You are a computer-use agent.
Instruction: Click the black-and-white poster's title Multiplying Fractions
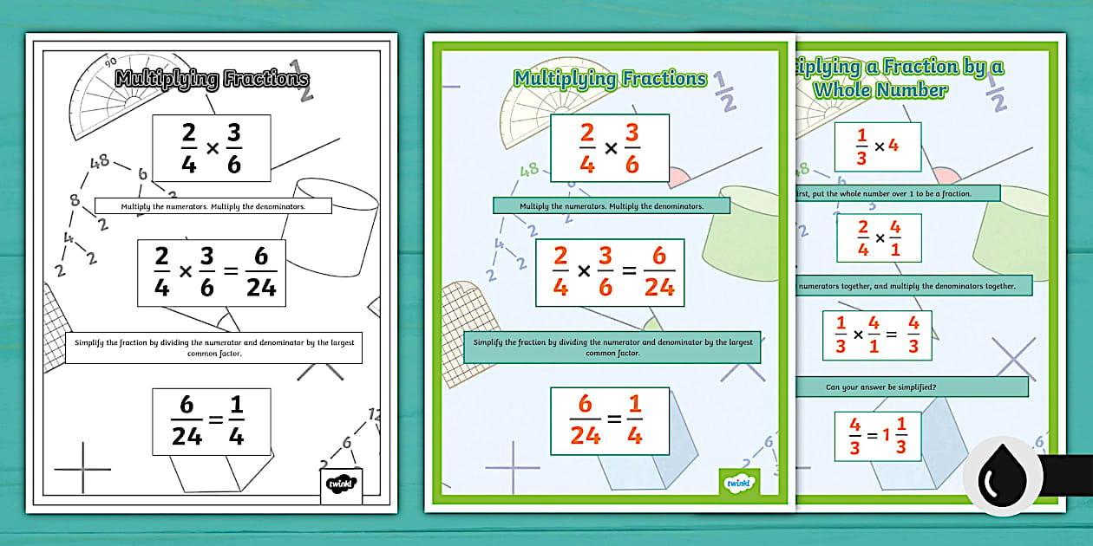click(212, 79)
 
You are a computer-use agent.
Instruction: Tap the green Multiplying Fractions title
click(610, 79)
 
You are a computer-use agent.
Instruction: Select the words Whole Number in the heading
click(880, 89)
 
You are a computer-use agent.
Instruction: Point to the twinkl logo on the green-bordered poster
click(739, 482)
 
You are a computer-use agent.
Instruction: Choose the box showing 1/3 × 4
click(878, 146)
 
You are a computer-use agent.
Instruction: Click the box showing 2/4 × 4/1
click(879, 237)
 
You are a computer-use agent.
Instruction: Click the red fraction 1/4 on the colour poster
click(634, 421)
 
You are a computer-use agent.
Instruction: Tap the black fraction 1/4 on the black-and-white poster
click(235, 421)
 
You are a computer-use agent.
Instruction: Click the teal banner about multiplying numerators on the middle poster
click(611, 206)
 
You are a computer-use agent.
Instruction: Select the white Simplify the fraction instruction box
click(213, 348)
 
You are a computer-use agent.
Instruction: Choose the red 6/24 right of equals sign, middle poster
click(659, 272)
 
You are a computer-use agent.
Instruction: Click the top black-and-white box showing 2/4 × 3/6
click(211, 148)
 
